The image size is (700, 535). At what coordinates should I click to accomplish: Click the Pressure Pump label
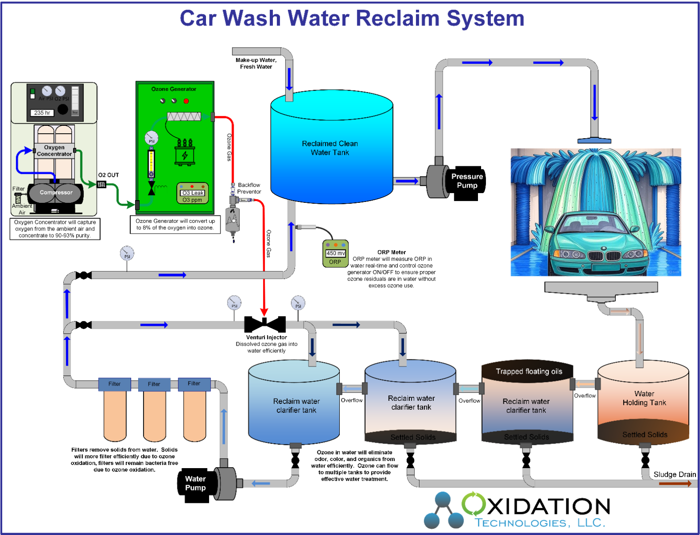point(467,181)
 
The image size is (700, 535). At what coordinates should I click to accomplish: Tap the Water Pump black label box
point(196,484)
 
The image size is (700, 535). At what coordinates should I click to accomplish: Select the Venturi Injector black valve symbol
point(265,324)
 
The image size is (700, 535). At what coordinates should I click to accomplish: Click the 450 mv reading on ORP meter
point(335,253)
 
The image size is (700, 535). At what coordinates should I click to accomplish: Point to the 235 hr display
point(42,113)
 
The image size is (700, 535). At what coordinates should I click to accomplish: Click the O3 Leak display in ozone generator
point(193,193)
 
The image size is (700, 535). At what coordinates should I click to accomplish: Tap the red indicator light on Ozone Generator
point(186,101)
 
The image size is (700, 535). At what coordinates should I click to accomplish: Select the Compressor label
point(56,193)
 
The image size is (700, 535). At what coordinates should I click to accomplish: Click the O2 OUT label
point(108,175)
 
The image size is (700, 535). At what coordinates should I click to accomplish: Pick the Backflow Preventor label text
point(249,188)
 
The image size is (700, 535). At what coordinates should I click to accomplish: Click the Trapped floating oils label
point(529,371)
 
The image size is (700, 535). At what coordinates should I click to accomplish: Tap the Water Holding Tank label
point(644,398)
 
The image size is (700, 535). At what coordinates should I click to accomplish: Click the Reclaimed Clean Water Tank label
point(330,148)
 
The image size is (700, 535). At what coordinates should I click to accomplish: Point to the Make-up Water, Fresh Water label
point(256,63)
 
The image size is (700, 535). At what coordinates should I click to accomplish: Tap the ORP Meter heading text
point(391,252)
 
